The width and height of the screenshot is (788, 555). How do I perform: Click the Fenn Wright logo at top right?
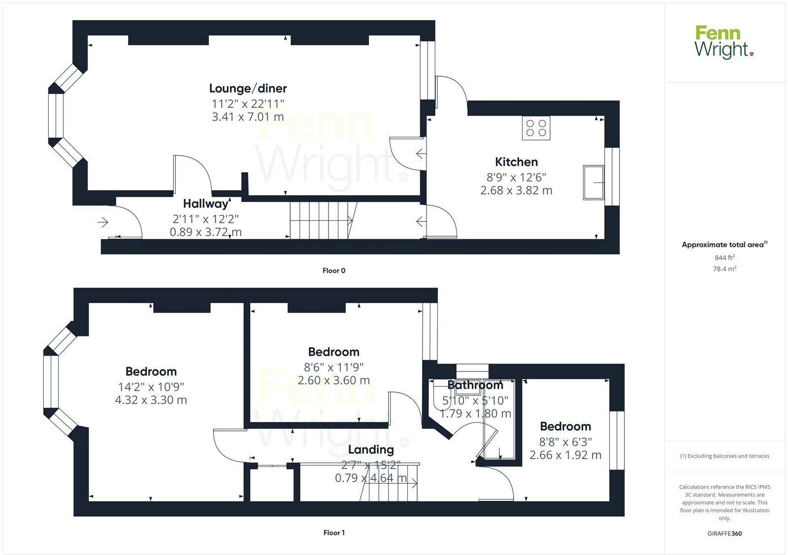723,42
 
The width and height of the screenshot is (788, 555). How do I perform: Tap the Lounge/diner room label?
248,89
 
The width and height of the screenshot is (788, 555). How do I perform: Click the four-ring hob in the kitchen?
536,128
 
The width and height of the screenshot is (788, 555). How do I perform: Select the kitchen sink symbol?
593,183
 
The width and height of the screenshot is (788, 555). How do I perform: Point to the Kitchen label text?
516,162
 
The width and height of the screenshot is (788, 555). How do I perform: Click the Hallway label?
205,204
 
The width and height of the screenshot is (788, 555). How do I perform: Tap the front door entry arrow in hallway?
103,223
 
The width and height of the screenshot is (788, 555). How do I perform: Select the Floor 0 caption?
334,271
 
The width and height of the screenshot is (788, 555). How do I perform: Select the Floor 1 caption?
334,533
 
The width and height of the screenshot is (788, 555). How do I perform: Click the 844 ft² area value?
724,257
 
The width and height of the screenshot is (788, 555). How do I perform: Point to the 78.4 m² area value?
725,269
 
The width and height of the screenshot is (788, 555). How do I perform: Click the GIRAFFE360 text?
724,533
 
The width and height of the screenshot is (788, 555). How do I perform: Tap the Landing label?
371,450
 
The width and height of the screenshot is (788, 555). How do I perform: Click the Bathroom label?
475,385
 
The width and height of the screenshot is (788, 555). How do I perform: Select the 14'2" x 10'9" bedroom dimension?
151,387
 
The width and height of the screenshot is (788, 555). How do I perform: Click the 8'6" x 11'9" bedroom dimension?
333,367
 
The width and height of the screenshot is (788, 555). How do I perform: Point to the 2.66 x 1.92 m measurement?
565,455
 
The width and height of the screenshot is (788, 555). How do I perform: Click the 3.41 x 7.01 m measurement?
248,117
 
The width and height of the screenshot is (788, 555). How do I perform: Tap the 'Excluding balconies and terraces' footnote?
724,456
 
